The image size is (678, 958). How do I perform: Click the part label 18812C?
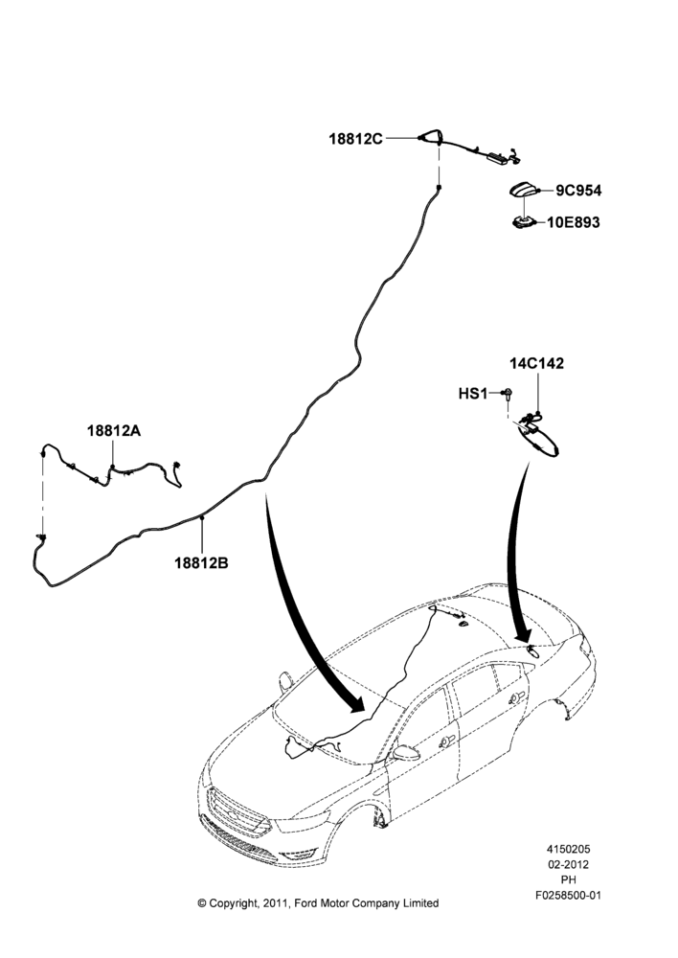pyautogui.click(x=355, y=139)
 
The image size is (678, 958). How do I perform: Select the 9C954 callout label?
pyautogui.click(x=577, y=191)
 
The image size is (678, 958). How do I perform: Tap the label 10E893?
pyautogui.click(x=573, y=222)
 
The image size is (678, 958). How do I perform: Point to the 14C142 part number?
pyautogui.click(x=537, y=363)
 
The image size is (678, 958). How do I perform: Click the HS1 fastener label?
pyautogui.click(x=473, y=394)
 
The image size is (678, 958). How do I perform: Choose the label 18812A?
pyautogui.click(x=114, y=431)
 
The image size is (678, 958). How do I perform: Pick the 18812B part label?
pyautogui.click(x=201, y=562)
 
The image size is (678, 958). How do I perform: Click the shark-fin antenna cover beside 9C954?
pyautogui.click(x=522, y=191)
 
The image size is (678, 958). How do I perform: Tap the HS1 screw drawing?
pyautogui.click(x=507, y=394)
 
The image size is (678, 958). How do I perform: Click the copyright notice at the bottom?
pyautogui.click(x=318, y=903)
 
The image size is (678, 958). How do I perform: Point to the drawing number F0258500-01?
pyautogui.click(x=568, y=895)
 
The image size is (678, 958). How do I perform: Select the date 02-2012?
pyautogui.click(x=568, y=864)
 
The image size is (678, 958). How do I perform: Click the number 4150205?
pyautogui.click(x=568, y=849)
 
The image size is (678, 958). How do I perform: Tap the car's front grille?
pyautogui.click(x=238, y=815)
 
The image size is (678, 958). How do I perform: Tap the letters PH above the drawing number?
pyautogui.click(x=568, y=879)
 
